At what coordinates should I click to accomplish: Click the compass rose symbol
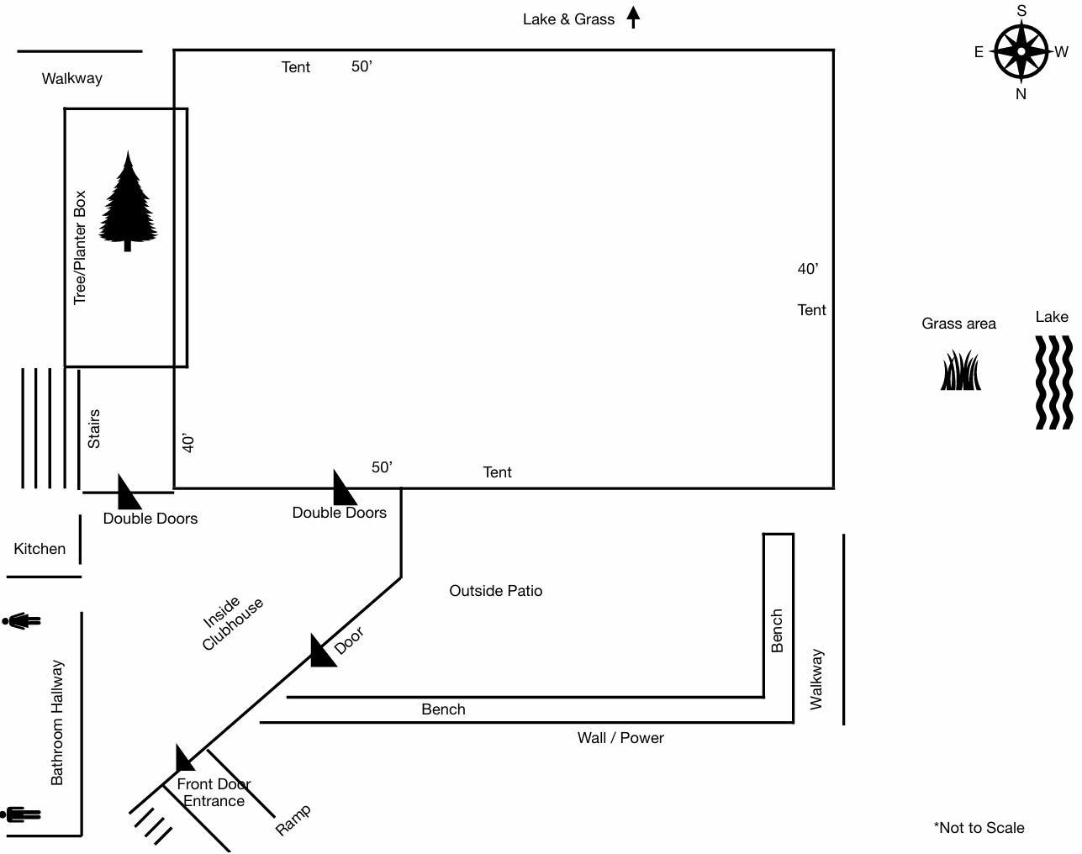pos(1021,51)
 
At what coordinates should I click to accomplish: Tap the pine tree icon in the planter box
pos(128,203)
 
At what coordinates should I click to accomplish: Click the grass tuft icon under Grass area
pos(960,372)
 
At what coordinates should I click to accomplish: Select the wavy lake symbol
pos(1053,382)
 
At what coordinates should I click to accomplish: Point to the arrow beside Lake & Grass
pos(634,18)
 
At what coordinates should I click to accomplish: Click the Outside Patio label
pos(496,591)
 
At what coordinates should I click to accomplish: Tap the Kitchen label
pos(40,549)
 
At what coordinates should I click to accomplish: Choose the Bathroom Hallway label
pos(57,722)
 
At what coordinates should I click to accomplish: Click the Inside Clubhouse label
pos(232,624)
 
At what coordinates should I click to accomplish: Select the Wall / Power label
pos(620,738)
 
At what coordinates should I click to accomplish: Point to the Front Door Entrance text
pos(214,793)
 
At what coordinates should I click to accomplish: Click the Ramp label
pos(293,820)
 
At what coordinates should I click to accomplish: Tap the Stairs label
pos(93,429)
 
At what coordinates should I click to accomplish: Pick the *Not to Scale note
pos(979,828)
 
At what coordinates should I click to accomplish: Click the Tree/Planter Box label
pos(80,247)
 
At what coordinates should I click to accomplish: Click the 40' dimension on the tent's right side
pos(808,269)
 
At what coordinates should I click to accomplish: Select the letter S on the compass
pos(1021,11)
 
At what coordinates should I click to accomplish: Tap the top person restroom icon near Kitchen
pos(22,621)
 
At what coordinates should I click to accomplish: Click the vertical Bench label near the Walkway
pos(777,630)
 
